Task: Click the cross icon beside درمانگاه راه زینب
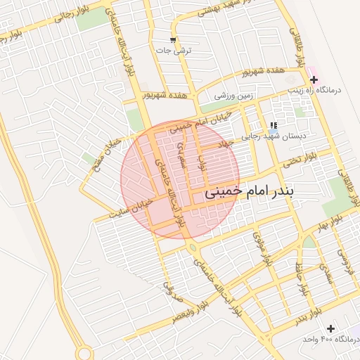[313, 80]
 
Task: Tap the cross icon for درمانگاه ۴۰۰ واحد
[330, 328]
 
